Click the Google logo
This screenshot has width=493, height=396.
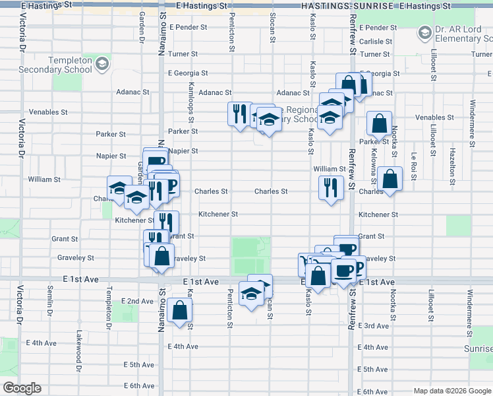point(22,388)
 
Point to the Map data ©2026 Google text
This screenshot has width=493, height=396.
point(451,391)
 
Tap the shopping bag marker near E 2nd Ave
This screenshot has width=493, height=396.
point(179,310)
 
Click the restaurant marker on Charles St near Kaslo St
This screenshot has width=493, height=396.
point(331,187)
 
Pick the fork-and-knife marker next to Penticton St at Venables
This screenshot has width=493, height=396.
point(239,113)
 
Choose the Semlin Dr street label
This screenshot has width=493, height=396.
point(49,301)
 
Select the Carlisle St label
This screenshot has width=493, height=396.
point(376,41)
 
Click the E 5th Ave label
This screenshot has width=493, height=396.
point(139,364)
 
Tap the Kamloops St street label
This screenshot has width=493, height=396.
point(190,104)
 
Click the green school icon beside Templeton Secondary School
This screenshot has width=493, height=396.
point(102,64)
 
